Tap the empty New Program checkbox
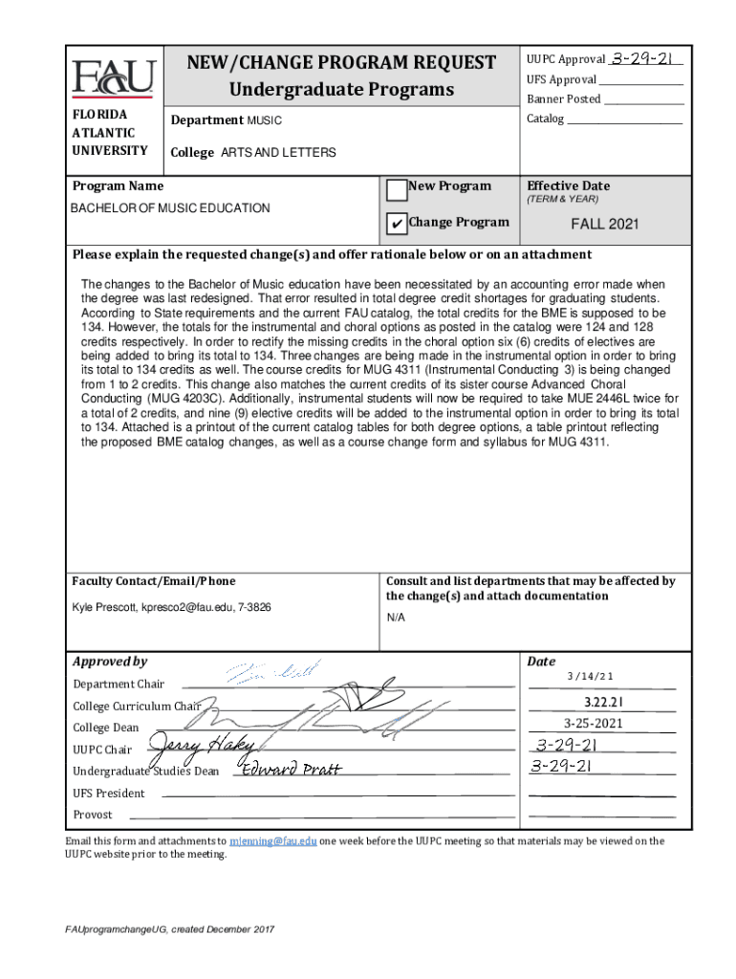396,188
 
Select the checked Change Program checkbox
396,224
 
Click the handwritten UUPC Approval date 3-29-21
646,59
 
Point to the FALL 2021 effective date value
605,225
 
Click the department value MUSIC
265,120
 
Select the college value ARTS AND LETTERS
278,153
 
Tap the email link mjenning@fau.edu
272,841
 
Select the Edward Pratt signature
292,770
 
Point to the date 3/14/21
590,677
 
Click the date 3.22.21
591,703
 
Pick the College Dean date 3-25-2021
594,724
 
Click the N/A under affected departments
395,619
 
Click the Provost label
93,815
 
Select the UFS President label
109,793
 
